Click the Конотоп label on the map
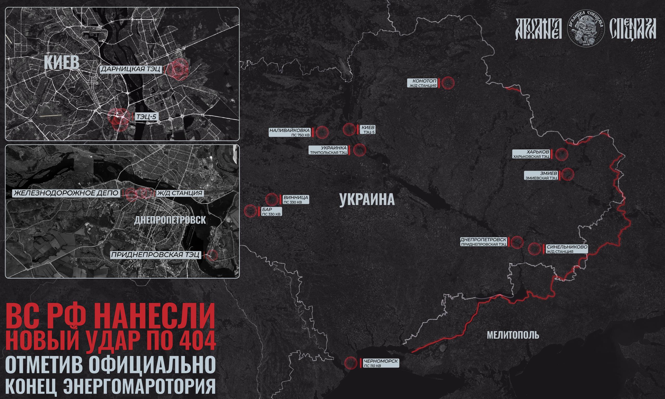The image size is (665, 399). (x=422, y=83)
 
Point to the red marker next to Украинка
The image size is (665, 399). (x=359, y=150)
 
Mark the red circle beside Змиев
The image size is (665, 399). (x=568, y=174)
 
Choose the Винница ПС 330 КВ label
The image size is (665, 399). (x=296, y=199)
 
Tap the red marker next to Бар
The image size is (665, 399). (x=250, y=211)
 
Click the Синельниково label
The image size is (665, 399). (x=567, y=249)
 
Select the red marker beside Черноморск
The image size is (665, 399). (x=350, y=363)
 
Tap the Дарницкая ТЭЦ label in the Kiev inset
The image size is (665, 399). (x=131, y=69)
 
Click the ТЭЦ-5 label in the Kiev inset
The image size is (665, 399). (x=147, y=117)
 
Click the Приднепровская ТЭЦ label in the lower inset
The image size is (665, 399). (x=156, y=255)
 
